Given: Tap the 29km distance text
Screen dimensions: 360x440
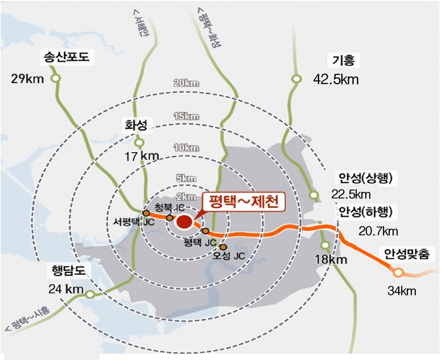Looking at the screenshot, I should coord(28,79).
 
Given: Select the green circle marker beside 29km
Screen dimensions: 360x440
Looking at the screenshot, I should coord(55,79).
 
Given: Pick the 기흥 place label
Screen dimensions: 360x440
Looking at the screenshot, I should coord(343,60).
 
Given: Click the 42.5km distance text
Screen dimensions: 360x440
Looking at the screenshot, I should coord(336,80).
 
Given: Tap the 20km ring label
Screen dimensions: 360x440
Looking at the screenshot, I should coord(187,83).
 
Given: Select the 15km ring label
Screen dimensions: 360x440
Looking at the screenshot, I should coord(187,117).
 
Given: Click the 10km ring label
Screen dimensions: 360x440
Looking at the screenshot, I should coord(187,148).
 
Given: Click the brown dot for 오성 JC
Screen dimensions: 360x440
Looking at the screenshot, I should coord(223,247).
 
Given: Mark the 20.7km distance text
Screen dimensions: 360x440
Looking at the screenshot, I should coord(378,231).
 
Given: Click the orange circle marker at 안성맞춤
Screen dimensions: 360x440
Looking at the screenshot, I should coord(398,272).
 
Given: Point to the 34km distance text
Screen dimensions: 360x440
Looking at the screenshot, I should coord(402,291).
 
